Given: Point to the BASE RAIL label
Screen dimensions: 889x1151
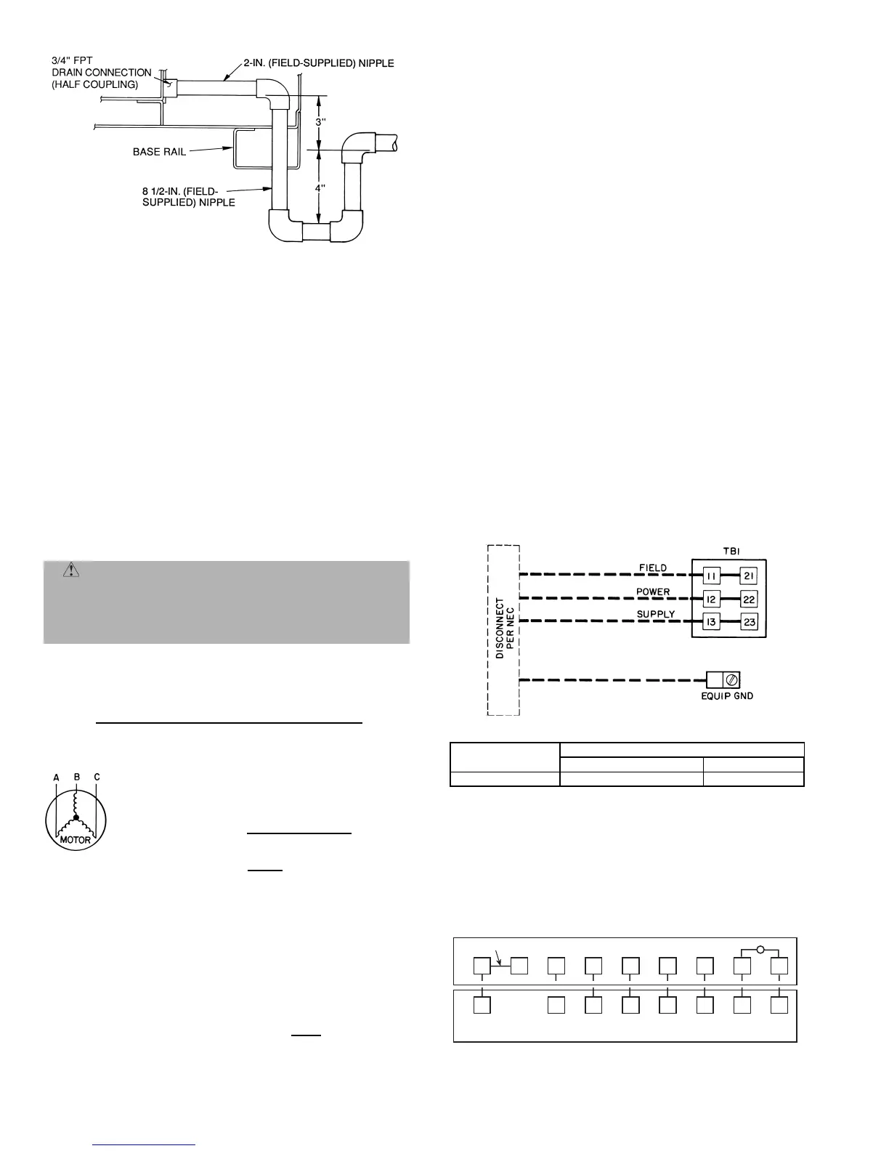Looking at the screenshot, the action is pos(159,152).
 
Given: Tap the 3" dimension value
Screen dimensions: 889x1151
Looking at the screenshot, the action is pos(320,122).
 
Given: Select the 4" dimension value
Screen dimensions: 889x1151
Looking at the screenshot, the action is pos(320,187).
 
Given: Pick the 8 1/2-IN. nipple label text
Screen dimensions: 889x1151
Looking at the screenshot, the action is pos(188,197).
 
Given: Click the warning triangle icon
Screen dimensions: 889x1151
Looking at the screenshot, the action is pos(71,570).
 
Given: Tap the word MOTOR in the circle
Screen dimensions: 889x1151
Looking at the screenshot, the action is pos(76,840).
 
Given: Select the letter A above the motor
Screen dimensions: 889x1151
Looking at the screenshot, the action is pos(57,777).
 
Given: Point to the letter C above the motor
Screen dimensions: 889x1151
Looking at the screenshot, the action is pos(97,777).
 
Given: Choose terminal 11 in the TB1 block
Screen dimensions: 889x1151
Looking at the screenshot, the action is pos(711,576).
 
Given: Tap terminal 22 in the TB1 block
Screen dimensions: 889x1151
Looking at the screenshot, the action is pos(749,599).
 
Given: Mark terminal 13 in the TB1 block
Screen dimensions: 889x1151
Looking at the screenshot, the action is pos(711,623).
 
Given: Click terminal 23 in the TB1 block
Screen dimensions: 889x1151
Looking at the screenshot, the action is pos(749,623).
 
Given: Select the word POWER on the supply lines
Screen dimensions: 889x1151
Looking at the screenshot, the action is pos(653,591).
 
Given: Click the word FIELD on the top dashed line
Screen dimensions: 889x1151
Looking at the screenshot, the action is pos(653,568).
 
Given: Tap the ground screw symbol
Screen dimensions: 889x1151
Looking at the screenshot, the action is pos(732,680).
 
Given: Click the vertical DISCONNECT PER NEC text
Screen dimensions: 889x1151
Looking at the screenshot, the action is pos(506,628).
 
